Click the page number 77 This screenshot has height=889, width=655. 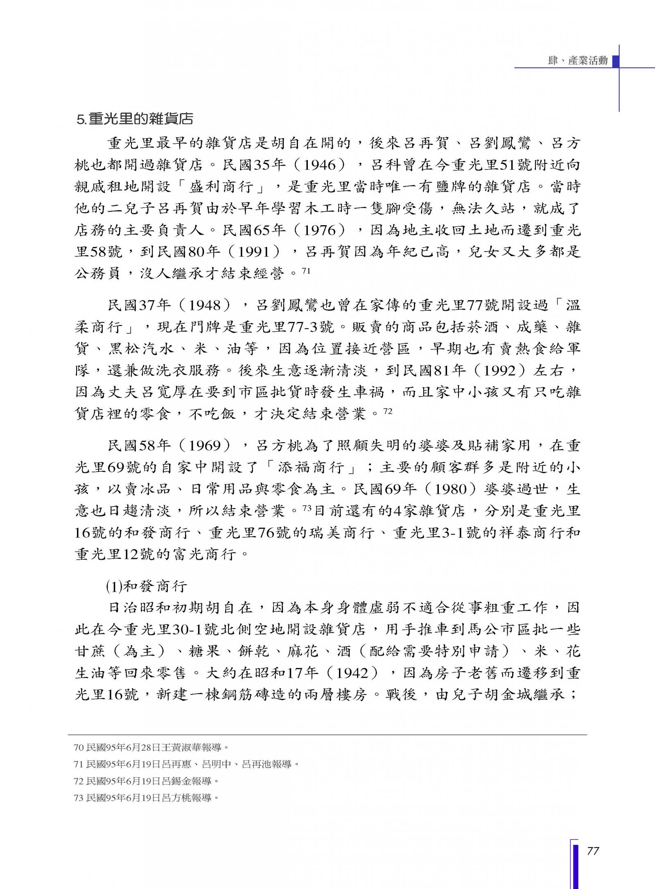click(x=593, y=851)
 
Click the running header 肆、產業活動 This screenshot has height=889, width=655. click(x=578, y=61)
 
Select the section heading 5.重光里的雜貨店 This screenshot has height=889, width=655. click(x=135, y=119)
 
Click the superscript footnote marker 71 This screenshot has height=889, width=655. click(x=306, y=271)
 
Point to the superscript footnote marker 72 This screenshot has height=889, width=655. click(x=387, y=411)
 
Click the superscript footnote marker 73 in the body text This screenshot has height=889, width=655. click(x=307, y=508)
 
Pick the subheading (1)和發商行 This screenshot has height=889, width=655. click(x=146, y=587)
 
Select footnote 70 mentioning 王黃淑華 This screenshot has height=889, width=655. click(x=148, y=747)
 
